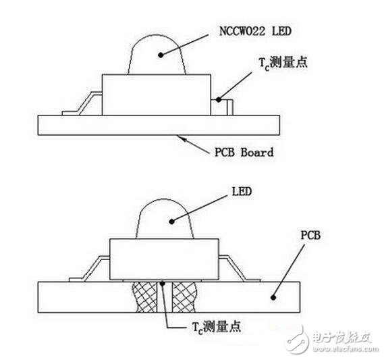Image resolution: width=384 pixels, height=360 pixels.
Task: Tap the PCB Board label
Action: pyautogui.click(x=240, y=152)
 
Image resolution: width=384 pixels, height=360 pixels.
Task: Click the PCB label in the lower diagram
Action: pyautogui.click(x=311, y=236)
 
